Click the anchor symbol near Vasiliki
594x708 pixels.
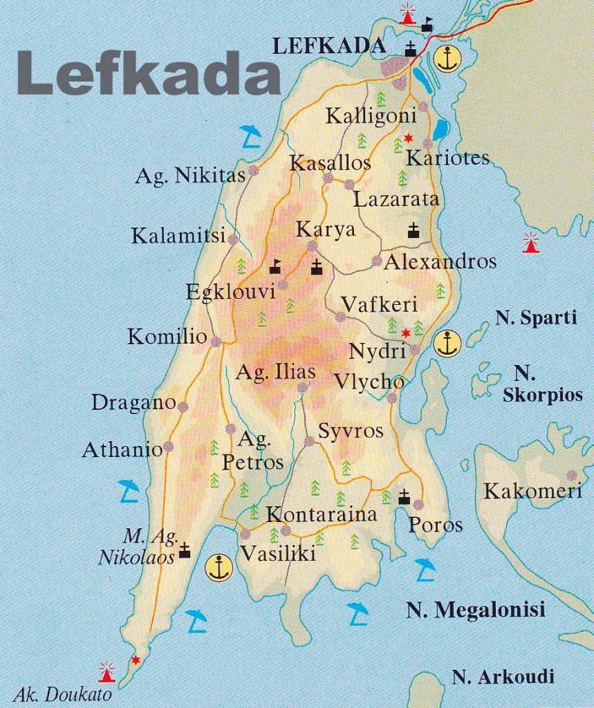[219, 567]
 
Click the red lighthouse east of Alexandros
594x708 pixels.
[530, 243]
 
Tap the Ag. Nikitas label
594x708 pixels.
[190, 176]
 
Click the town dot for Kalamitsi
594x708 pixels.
[233, 239]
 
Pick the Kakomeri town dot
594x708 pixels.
[572, 475]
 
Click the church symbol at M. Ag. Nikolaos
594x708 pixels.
[185, 550]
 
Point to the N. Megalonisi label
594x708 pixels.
[476, 610]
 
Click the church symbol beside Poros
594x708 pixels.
[405, 496]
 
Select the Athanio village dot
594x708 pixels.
[167, 447]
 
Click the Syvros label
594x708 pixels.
[351, 431]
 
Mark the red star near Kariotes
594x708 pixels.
[408, 137]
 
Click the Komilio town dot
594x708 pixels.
[216, 342]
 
